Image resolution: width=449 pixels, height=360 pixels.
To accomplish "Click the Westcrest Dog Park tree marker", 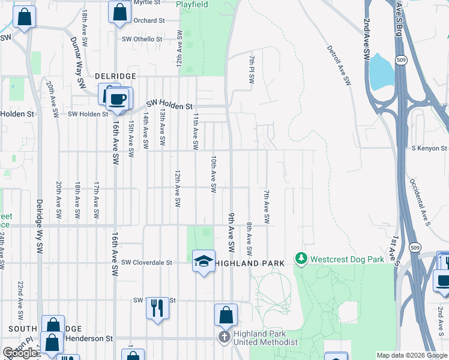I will click(301, 259).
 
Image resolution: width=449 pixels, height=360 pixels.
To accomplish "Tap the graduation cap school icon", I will click(203, 261).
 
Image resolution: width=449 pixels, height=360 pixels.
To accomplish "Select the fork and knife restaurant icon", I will click(157, 308).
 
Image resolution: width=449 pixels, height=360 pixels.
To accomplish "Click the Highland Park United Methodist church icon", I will click(225, 337).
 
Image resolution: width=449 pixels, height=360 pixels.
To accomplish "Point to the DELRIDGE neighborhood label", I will click(116, 76).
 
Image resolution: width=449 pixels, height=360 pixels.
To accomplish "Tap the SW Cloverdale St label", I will click(146, 262).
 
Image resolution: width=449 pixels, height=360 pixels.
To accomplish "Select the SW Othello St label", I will click(142, 39).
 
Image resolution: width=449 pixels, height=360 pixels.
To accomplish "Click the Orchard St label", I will click(149, 20).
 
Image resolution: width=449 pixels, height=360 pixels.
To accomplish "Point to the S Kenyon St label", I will click(429, 148).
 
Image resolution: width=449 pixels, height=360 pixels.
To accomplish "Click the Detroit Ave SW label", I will click(339, 66).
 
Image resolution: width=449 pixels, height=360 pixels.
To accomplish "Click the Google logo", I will click(20, 353).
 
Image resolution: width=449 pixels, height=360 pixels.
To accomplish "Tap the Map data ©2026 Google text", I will click(412, 355).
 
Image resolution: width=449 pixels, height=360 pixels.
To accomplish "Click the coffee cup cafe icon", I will click(118, 100).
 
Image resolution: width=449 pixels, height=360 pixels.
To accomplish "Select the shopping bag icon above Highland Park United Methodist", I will click(226, 315).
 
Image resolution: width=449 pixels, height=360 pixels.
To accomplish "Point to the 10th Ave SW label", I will click(213, 175).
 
